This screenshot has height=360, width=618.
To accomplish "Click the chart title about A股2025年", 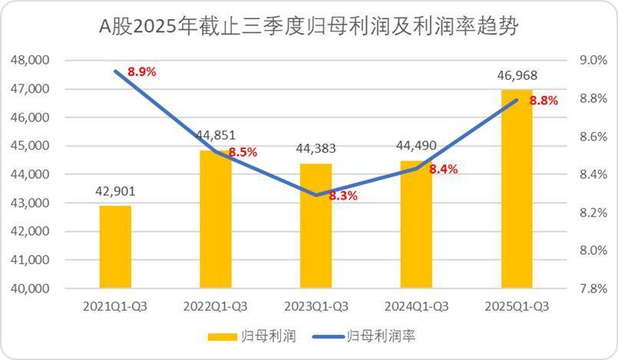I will point(309,28).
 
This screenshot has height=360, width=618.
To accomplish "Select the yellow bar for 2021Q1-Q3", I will point(115,246).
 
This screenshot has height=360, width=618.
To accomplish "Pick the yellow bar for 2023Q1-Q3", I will point(316,226).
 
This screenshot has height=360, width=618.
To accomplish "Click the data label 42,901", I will point(115,191).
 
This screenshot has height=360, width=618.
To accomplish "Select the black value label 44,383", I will point(316,149).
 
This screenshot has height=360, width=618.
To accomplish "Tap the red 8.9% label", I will point(142,71).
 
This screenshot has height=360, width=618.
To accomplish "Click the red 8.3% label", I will point(343,196).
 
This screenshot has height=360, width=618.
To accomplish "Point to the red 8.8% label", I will point(544,100).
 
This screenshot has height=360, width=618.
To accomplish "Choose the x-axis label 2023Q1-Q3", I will point(316,306).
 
